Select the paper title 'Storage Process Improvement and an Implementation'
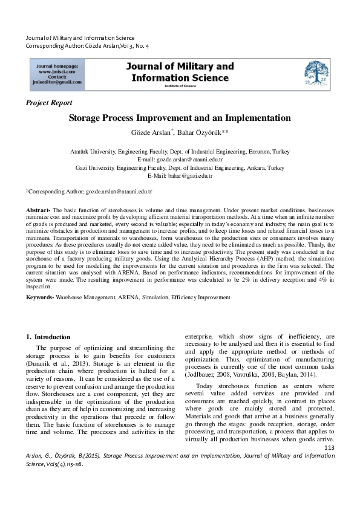pos(180,118)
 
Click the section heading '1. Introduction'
pos(48,336)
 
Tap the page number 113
pos(329,447)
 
